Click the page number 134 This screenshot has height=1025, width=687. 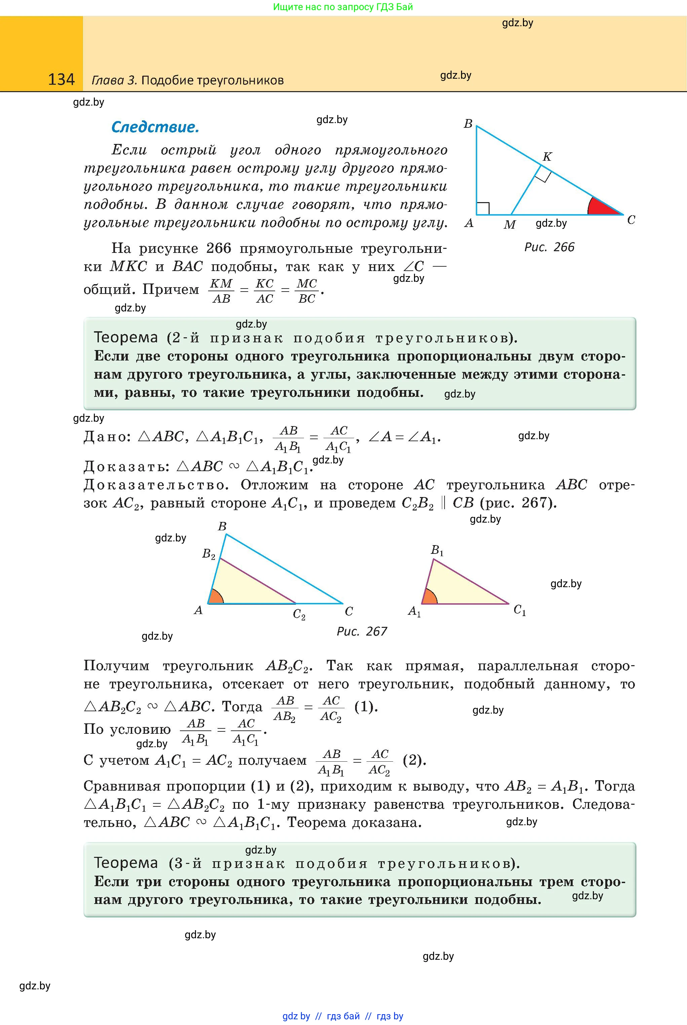(x=61, y=79)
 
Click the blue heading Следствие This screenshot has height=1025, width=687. (x=155, y=127)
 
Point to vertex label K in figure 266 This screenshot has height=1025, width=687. (x=547, y=156)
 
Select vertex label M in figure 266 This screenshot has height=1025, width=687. (x=509, y=225)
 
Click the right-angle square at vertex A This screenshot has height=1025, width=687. (x=483, y=208)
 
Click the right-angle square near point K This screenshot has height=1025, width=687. (x=542, y=175)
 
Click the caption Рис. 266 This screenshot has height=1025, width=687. (x=549, y=247)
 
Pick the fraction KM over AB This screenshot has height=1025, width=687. (x=221, y=291)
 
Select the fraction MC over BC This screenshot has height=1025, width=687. (x=307, y=291)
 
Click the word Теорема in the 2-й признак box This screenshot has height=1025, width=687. (x=126, y=337)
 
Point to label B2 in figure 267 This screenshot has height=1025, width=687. (x=208, y=554)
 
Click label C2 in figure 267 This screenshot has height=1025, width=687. (x=299, y=614)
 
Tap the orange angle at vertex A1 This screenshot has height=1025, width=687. (x=429, y=597)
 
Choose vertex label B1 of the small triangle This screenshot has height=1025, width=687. (x=437, y=550)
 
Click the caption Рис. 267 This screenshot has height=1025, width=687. (x=361, y=631)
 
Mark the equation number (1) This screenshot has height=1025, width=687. (x=365, y=707)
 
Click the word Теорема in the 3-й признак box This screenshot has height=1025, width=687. (x=126, y=863)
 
